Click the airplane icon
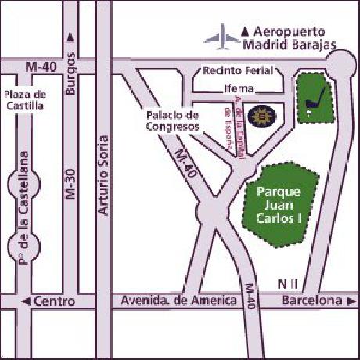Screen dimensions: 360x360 [221, 35]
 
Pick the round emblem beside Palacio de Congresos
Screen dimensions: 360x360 [259, 116]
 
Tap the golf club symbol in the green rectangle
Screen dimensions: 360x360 [316, 98]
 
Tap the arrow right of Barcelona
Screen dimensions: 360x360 [344, 301]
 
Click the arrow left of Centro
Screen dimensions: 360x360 [26, 301]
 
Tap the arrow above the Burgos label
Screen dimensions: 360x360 [70, 36]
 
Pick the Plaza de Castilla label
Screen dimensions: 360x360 [25, 99]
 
